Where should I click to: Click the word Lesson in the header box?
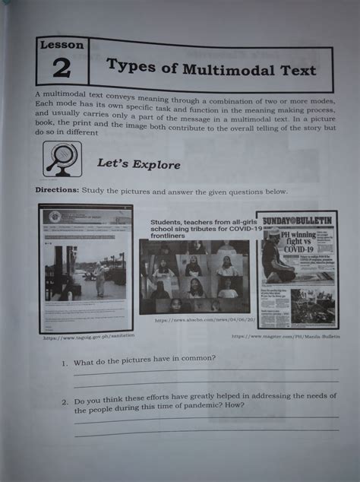click(x=63, y=44)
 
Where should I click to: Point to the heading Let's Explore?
click(x=138, y=163)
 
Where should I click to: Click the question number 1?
click(x=65, y=363)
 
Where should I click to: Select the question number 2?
click(x=66, y=400)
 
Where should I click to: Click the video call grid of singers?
click(x=194, y=277)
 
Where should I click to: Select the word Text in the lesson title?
click(x=294, y=71)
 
